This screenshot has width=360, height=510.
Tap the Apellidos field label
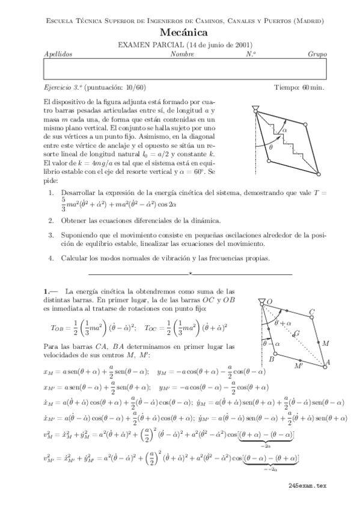[x=58, y=54]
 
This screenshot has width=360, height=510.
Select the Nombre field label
[x=182, y=54]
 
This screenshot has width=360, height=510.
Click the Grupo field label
[x=317, y=54]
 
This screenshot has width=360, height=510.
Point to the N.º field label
[x=251, y=54]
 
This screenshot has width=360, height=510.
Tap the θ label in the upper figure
[x=270, y=146]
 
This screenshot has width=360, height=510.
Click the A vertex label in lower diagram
[x=328, y=363]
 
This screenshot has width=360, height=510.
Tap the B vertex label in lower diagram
[x=271, y=359]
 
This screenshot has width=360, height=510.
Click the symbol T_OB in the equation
[x=57, y=328]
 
